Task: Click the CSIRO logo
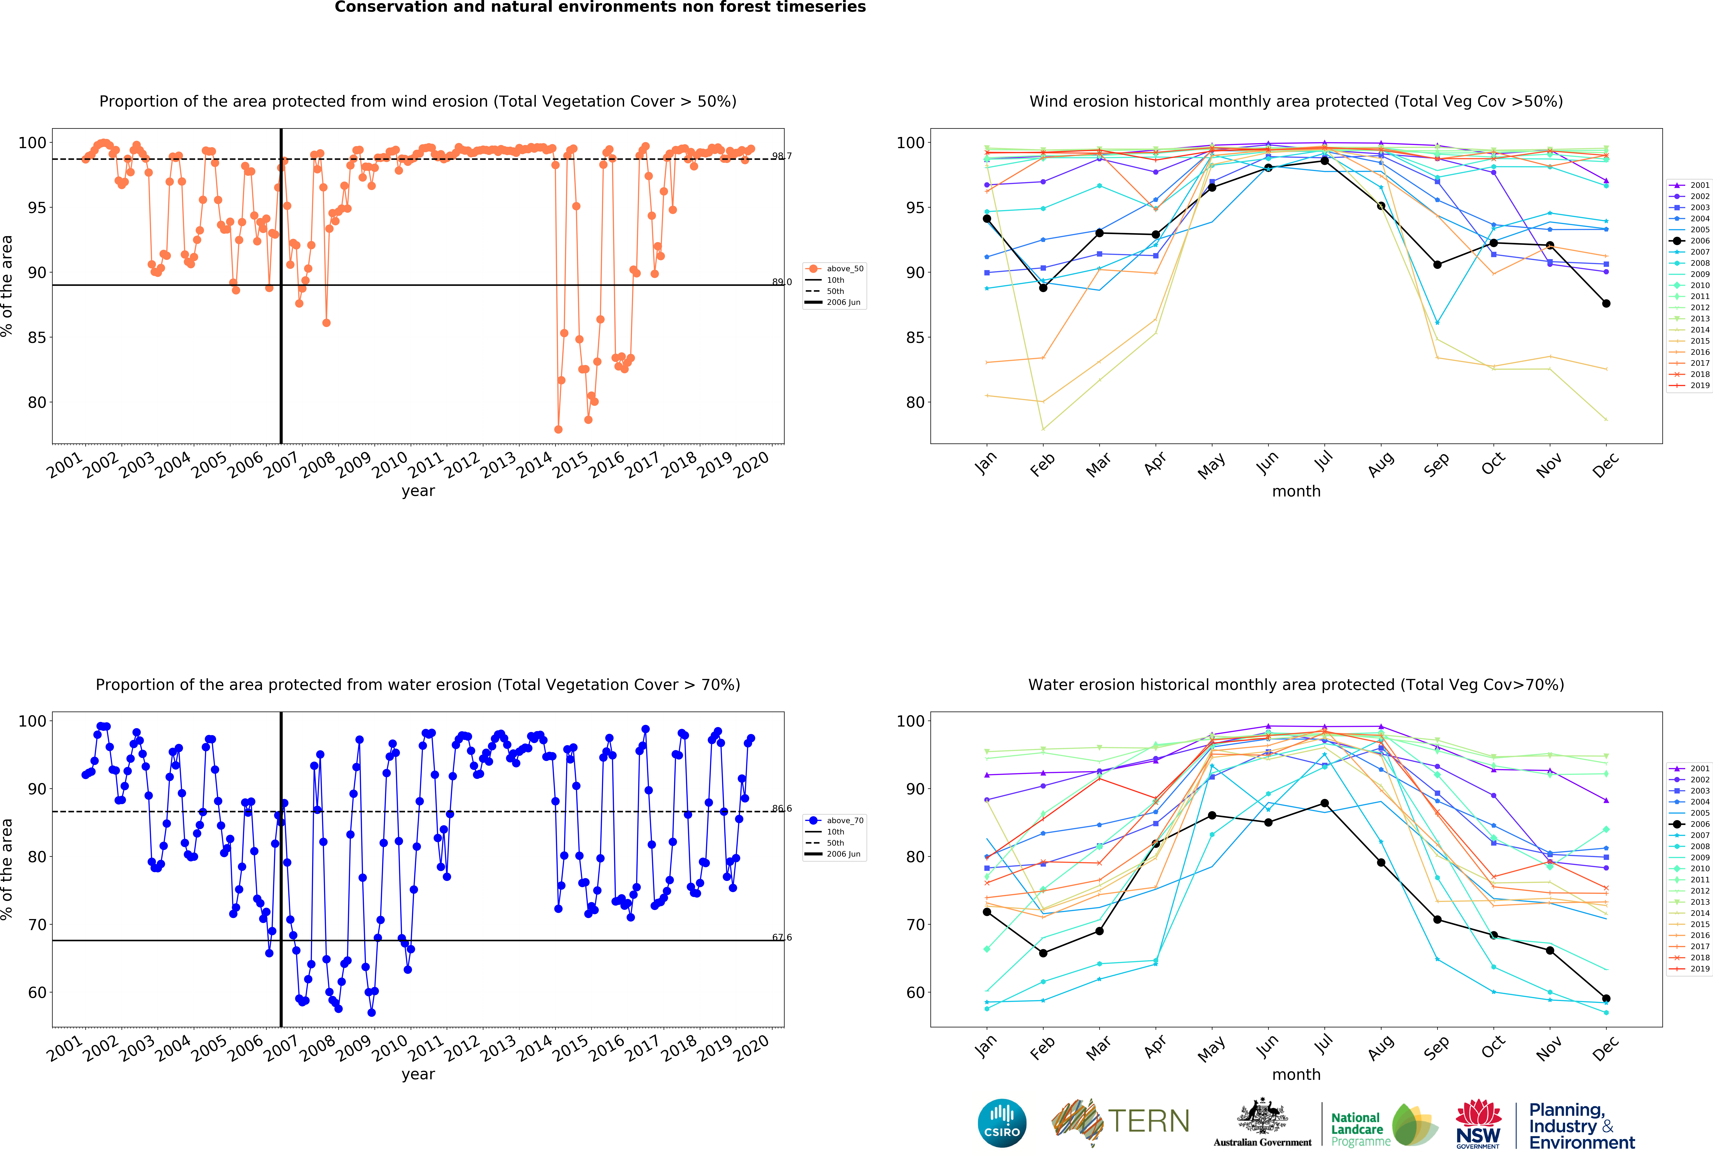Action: tap(1002, 1124)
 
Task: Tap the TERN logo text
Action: tap(1148, 1122)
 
